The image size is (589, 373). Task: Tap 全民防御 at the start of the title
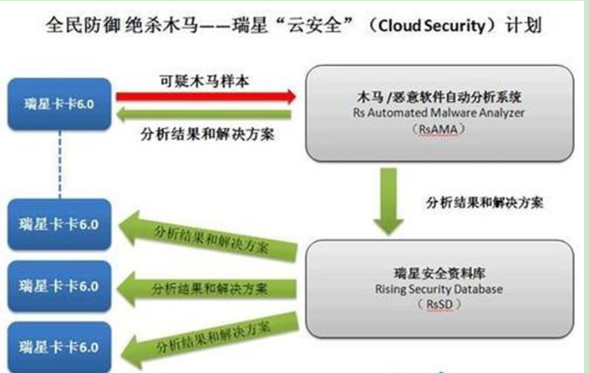tap(74, 27)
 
